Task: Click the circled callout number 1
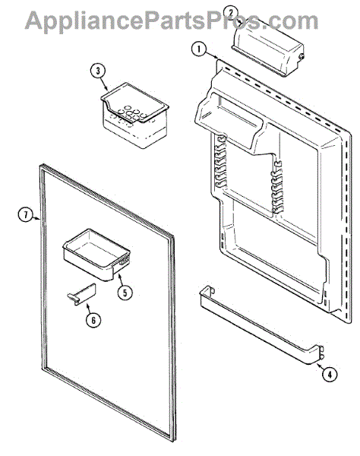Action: pyautogui.click(x=199, y=49)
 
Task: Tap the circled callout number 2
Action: pyautogui.click(x=231, y=12)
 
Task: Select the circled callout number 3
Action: pyautogui.click(x=98, y=71)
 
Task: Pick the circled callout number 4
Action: pyautogui.click(x=329, y=375)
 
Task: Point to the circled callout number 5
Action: pyautogui.click(x=125, y=293)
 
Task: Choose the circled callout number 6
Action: pyautogui.click(x=93, y=320)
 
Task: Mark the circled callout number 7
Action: pyautogui.click(x=26, y=215)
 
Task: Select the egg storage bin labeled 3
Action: pyautogui.click(x=135, y=116)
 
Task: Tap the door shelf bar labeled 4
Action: pyautogui.click(x=261, y=325)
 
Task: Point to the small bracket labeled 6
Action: pyautogui.click(x=77, y=294)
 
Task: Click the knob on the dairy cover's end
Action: pyautogui.click(x=302, y=57)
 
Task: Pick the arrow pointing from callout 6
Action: pyautogui.click(x=89, y=309)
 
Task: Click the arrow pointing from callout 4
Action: pyautogui.click(x=321, y=367)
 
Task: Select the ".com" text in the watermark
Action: pyautogui.click(x=292, y=21)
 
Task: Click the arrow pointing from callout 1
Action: pyautogui.click(x=212, y=55)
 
